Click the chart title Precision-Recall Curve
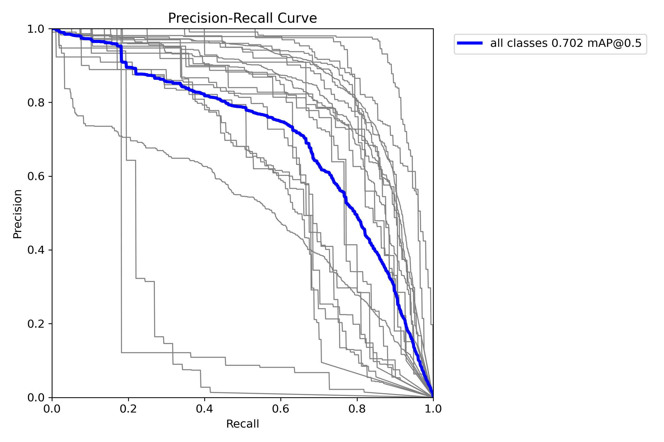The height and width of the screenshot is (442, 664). pyautogui.click(x=242, y=18)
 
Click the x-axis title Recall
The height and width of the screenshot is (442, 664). pyautogui.click(x=242, y=424)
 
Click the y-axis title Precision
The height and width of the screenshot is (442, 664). pyautogui.click(x=17, y=214)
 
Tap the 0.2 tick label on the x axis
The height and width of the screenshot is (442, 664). pyautogui.click(x=128, y=409)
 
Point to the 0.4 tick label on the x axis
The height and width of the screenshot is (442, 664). pyautogui.click(x=205, y=409)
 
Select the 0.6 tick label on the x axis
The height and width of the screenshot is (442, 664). pyautogui.click(x=281, y=409)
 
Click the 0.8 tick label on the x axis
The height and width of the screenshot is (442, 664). pyautogui.click(x=357, y=409)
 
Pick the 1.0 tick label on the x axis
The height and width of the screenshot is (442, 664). pyautogui.click(x=433, y=409)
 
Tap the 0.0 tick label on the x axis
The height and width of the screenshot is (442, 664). pyautogui.click(x=52, y=409)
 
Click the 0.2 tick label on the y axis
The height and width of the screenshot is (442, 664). pyautogui.click(x=36, y=324)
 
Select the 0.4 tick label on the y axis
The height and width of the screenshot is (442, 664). pyautogui.click(x=36, y=250)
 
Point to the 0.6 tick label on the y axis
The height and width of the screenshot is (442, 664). pyautogui.click(x=36, y=177)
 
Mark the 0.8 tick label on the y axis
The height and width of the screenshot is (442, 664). pyautogui.click(x=36, y=103)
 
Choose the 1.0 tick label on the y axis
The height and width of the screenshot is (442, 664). pyautogui.click(x=36, y=29)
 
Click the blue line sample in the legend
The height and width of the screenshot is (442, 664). pyautogui.click(x=470, y=43)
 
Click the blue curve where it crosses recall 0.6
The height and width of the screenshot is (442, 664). pyautogui.click(x=281, y=121)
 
